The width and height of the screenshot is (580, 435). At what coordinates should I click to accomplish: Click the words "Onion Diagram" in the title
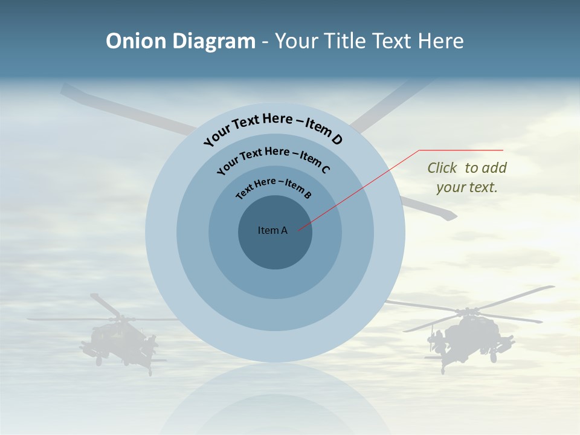point(181,41)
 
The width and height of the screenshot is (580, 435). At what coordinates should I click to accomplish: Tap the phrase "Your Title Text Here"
point(369,41)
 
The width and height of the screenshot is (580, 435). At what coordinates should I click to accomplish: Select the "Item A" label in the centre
point(272,230)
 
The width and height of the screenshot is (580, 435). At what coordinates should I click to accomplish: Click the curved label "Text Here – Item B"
point(274,187)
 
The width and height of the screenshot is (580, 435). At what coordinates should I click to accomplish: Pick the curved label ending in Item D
point(273,128)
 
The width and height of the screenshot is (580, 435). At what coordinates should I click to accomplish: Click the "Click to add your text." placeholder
point(466,178)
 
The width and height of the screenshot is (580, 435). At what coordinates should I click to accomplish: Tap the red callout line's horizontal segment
point(461,150)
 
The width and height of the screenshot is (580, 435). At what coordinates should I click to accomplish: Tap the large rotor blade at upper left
point(121,109)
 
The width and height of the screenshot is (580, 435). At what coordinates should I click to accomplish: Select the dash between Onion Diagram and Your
point(265,42)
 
